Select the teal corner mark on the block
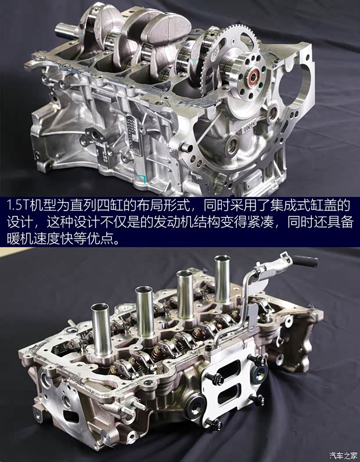pyautogui.click(x=142, y=179)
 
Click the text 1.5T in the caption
pyautogui.click(x=17, y=205)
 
